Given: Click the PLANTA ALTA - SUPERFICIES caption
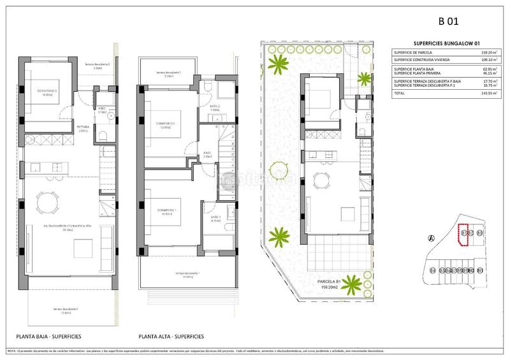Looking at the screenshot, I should tap(171, 336).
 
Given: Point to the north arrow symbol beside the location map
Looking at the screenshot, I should tap(432, 238).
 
